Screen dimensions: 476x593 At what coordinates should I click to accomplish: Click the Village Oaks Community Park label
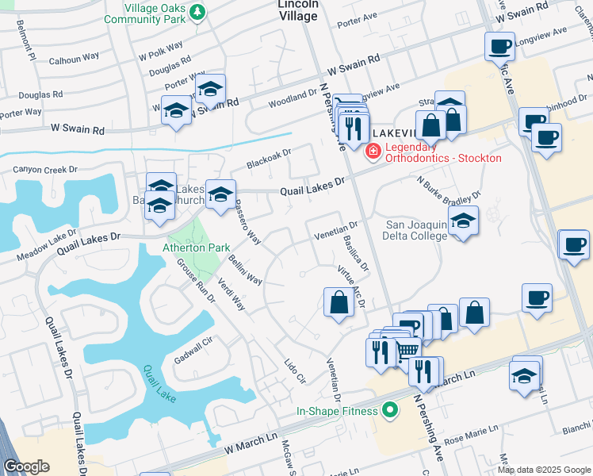pos(144,12)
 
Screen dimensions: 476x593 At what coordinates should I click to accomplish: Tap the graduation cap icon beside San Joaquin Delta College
pos(464,222)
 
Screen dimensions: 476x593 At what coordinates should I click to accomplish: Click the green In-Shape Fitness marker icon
pos(388,410)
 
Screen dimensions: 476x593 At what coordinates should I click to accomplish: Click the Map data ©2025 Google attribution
pos(544,470)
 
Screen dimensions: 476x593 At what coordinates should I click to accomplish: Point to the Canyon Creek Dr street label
pos(45,170)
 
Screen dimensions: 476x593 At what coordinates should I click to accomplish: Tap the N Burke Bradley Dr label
pos(449,187)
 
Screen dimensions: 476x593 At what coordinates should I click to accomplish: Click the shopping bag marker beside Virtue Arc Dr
pos(339,304)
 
